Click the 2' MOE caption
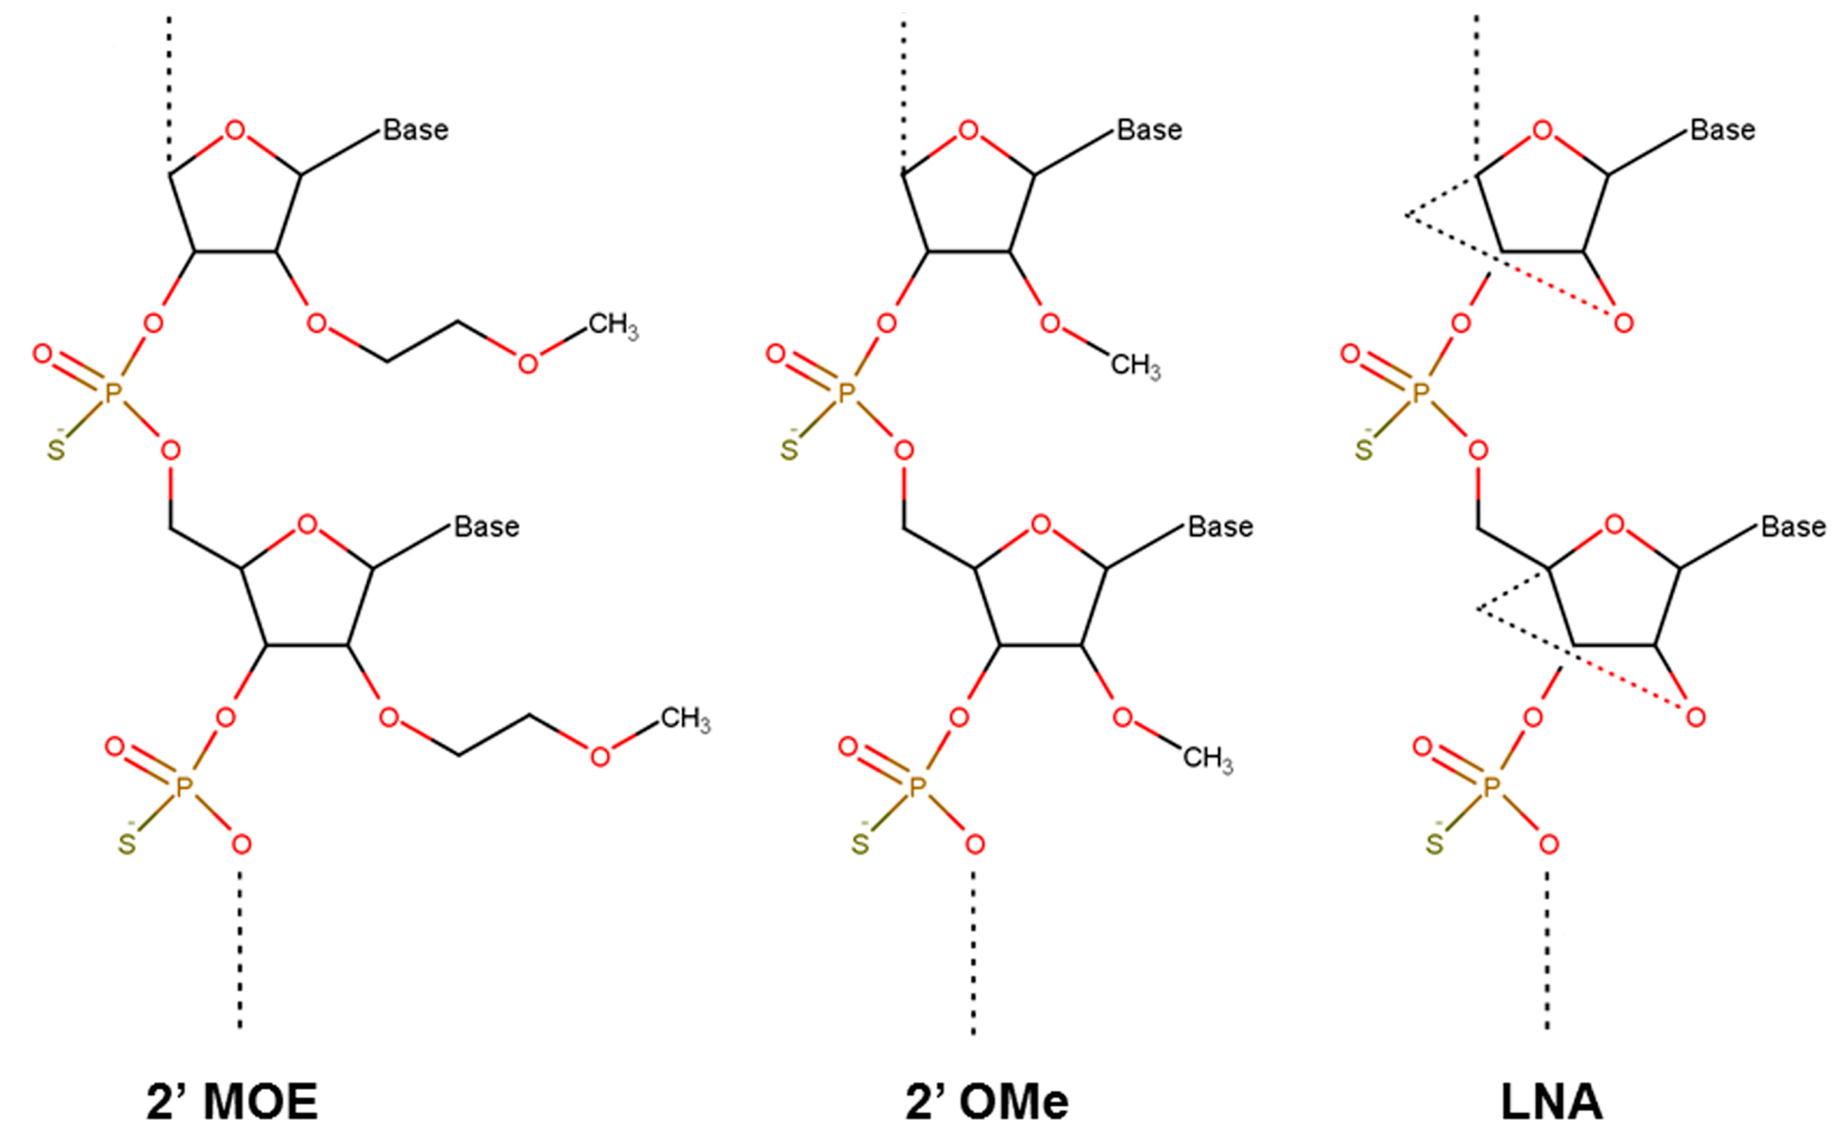tap(232, 1104)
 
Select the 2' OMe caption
tap(987, 1104)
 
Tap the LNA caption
tap(1551, 1104)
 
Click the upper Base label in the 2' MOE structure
tap(416, 130)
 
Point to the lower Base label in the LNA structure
tap(1793, 527)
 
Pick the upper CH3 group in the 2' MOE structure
tap(612, 326)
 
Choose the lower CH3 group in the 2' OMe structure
tap(1207, 758)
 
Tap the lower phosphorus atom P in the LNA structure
tap(1491, 787)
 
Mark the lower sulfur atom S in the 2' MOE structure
tap(127, 844)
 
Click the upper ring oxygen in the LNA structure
tap(1542, 131)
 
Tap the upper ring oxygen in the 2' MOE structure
tap(235, 131)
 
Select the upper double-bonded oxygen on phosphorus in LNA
tap(1350, 354)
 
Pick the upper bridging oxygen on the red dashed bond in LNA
tap(1624, 324)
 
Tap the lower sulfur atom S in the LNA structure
tap(1434, 844)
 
